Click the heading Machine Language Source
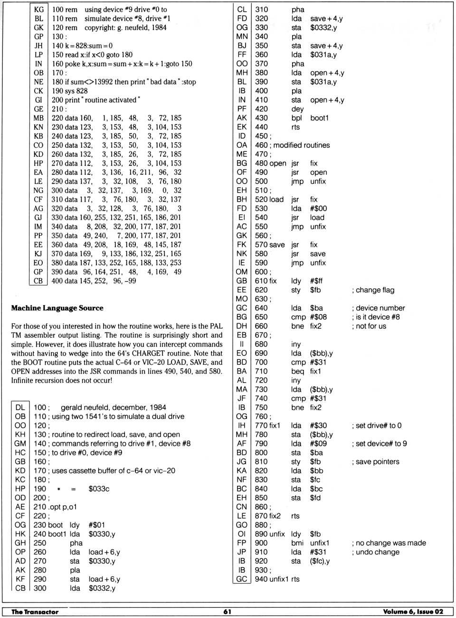57,308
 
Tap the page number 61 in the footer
228,612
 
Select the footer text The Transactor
35,612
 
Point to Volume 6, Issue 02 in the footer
413,612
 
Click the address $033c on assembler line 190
99,489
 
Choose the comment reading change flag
375,290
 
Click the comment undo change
378,552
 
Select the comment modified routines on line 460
301,145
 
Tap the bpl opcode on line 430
296,118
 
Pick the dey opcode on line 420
297,109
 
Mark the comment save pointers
378,462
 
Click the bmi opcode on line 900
298,543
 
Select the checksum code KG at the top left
38,10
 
